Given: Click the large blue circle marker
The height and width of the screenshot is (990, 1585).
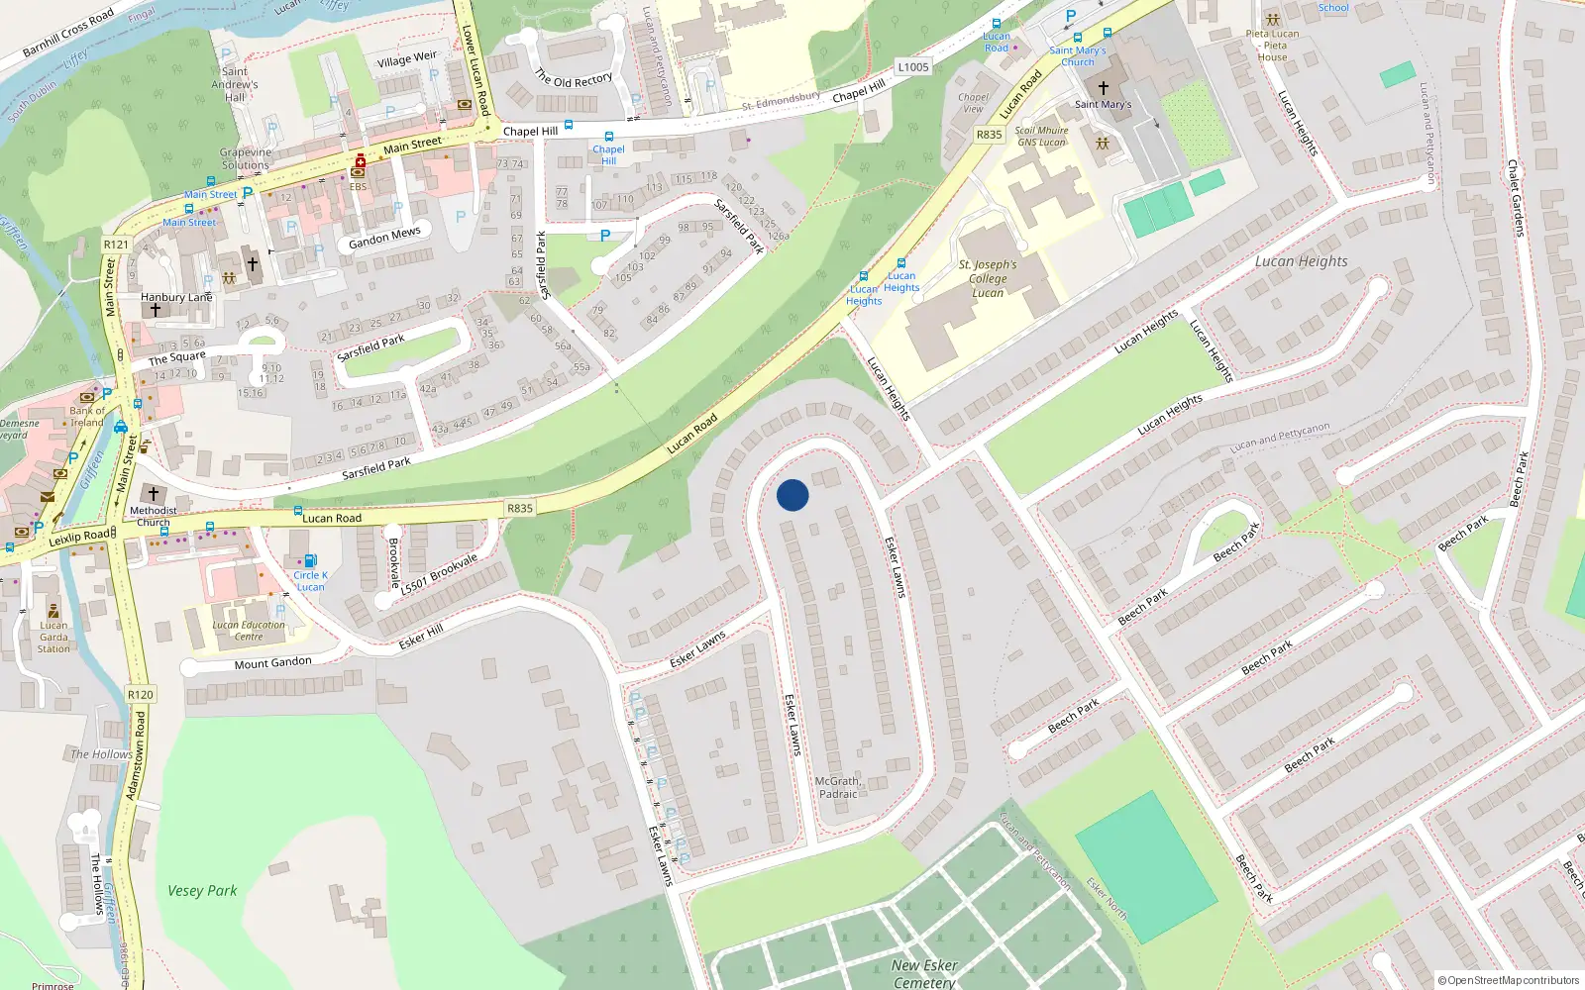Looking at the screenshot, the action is pyautogui.click(x=792, y=495).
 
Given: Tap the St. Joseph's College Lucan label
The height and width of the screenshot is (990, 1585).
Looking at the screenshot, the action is pyautogui.click(x=988, y=279).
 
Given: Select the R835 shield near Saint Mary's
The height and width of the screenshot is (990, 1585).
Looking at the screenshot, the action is pyautogui.click(x=989, y=135).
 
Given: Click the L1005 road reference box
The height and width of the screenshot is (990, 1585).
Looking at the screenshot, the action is pyautogui.click(x=912, y=67).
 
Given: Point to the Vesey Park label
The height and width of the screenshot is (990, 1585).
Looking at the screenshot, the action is pyautogui.click(x=202, y=891).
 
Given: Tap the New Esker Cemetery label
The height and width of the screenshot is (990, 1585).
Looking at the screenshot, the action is pyautogui.click(x=924, y=973).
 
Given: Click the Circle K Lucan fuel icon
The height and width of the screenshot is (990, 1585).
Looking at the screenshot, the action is pyautogui.click(x=310, y=560).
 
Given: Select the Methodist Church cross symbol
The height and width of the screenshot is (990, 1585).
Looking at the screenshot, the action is pyautogui.click(x=153, y=493).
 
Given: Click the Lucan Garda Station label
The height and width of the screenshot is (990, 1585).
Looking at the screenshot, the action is pyautogui.click(x=53, y=637).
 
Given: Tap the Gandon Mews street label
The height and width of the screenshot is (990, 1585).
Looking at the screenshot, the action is pyautogui.click(x=384, y=238).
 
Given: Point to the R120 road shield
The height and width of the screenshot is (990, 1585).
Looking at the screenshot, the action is pyautogui.click(x=141, y=695).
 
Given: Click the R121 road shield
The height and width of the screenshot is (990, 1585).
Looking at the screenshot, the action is pyautogui.click(x=116, y=245).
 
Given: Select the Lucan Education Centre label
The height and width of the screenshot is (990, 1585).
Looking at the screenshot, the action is pyautogui.click(x=249, y=631).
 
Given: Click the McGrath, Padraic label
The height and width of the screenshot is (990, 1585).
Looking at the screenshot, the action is pyautogui.click(x=838, y=787).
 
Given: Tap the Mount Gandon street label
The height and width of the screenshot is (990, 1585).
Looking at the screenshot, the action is pyautogui.click(x=272, y=663).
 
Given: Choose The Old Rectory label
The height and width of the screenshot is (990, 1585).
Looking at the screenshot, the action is pyautogui.click(x=574, y=78).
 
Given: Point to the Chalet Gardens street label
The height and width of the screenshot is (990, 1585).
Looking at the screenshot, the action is pyautogui.click(x=1515, y=198).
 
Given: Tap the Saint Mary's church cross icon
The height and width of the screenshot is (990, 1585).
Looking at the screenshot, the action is pyautogui.click(x=1103, y=88).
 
